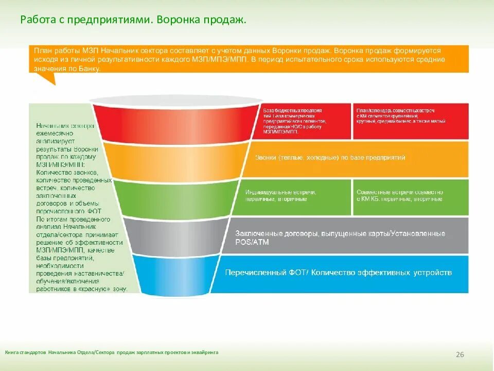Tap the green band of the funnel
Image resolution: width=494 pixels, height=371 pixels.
point(175,198)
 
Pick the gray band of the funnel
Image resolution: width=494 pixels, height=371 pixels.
point(175,235)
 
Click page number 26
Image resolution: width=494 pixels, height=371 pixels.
point(460,355)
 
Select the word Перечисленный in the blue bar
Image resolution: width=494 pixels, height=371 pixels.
point(251,272)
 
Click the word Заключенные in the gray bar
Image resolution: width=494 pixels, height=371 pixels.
point(259,233)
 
